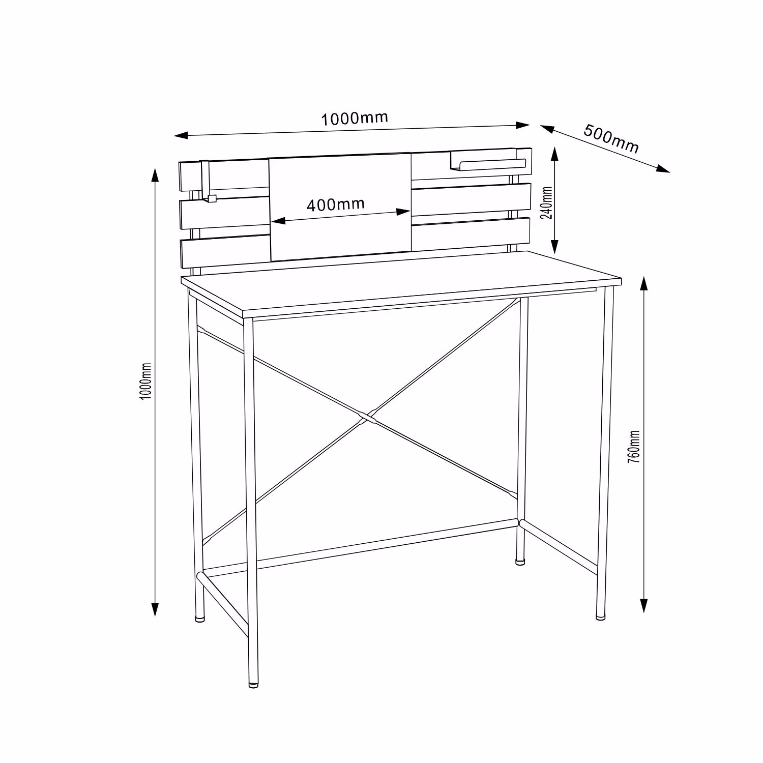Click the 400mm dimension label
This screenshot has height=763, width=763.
click(x=336, y=204)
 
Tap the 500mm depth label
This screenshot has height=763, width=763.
click(x=611, y=138)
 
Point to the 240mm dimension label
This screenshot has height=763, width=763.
click(x=547, y=202)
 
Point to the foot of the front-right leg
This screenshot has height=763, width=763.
click(x=601, y=617)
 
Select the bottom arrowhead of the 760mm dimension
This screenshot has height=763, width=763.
click(x=644, y=606)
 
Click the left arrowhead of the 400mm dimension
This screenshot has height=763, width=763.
click(x=278, y=221)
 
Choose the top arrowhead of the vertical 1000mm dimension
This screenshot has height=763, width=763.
click(x=156, y=174)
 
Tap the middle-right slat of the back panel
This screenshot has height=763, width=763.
click(x=471, y=200)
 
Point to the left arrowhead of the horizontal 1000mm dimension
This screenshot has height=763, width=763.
click(x=182, y=136)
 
